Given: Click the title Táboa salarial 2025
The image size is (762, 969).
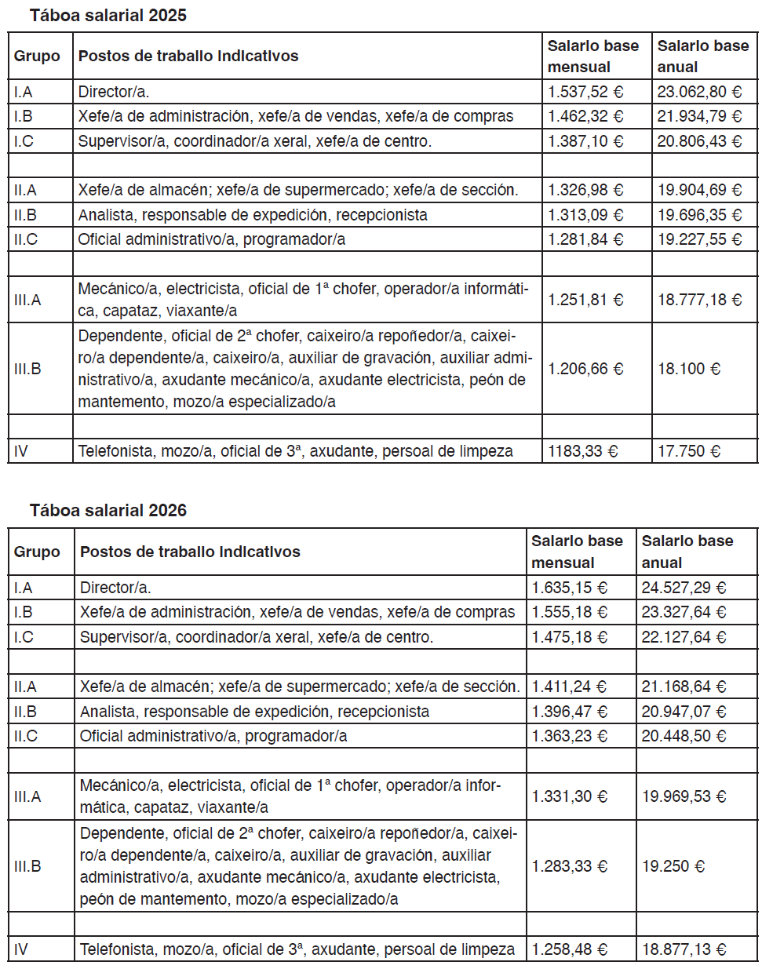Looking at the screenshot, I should (108, 15).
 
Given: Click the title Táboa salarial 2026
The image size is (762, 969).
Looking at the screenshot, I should (108, 510).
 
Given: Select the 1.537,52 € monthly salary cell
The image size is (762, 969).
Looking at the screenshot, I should (585, 92).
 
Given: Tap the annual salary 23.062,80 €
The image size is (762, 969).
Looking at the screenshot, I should (699, 92).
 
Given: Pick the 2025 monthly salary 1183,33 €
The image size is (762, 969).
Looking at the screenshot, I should (582, 451).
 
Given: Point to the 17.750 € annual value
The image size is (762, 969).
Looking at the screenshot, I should (688, 451).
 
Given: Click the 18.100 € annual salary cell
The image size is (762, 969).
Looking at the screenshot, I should (688, 369).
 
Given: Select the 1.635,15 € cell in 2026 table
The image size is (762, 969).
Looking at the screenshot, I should (569, 588).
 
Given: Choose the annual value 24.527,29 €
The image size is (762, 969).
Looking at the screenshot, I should (684, 588).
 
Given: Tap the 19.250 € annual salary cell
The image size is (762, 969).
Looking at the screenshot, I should (673, 866).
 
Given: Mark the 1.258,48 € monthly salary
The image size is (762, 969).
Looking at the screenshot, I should (569, 949).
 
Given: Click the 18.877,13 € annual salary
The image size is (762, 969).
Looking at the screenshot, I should (684, 949).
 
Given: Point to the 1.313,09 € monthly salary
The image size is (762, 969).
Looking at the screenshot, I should (585, 215).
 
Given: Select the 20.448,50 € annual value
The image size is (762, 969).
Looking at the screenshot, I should (684, 736).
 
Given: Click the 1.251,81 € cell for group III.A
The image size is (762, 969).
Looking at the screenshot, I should (585, 300).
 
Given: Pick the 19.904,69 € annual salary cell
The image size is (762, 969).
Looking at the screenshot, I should (699, 190).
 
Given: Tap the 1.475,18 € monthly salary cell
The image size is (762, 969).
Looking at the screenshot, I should (569, 637).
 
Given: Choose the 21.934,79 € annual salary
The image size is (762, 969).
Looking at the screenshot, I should (699, 116).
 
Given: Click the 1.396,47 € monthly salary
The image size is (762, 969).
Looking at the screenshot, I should (569, 712).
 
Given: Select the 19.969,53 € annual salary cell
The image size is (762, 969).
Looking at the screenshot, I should (684, 796).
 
